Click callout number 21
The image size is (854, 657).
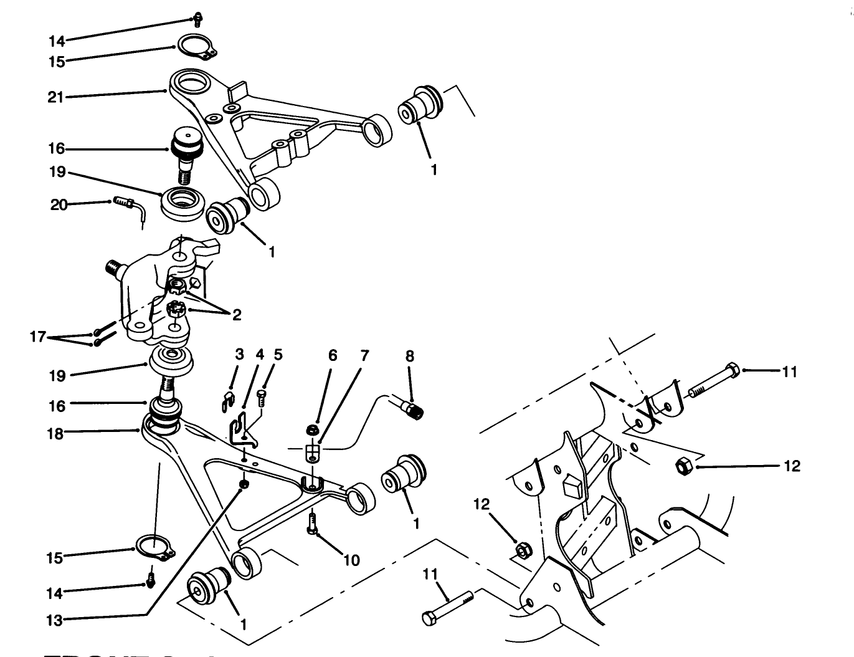tap(56, 97)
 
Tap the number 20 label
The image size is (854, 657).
tap(59, 204)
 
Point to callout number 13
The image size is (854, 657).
tap(56, 620)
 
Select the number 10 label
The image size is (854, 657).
tap(351, 560)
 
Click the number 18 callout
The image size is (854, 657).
tap(56, 434)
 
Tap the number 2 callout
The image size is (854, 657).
tap(237, 315)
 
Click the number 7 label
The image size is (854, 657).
tap(364, 356)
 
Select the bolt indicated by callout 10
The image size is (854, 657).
tap(313, 521)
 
